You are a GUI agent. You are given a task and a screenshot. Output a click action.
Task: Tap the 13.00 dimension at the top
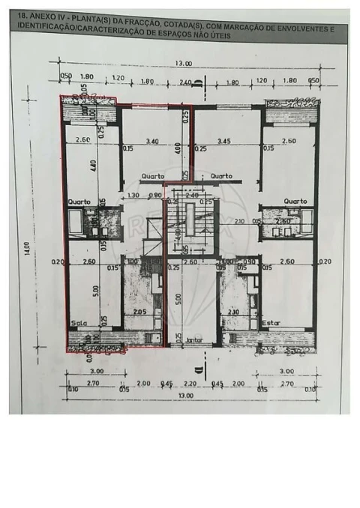point(183,64)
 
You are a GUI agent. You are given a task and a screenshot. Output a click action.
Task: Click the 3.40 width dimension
point(152,140)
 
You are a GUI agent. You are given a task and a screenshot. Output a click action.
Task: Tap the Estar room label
point(271,323)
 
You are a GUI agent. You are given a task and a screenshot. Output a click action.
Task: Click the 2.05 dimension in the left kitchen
point(139,312)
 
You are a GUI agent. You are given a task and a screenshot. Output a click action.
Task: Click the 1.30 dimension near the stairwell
point(133,196)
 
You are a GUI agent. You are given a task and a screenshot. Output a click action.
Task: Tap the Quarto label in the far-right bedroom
point(295,201)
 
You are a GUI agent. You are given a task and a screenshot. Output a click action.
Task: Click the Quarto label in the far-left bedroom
point(79,202)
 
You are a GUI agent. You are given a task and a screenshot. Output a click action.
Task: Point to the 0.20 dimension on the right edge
point(324,261)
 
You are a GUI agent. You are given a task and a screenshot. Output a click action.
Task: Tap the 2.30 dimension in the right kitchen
point(233,312)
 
